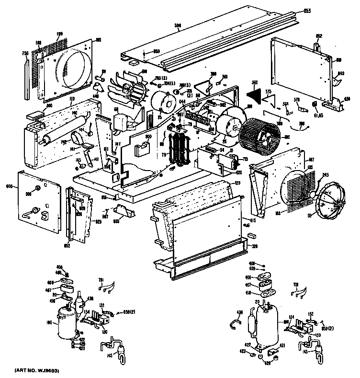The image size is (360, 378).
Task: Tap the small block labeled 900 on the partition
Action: point(142,149)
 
